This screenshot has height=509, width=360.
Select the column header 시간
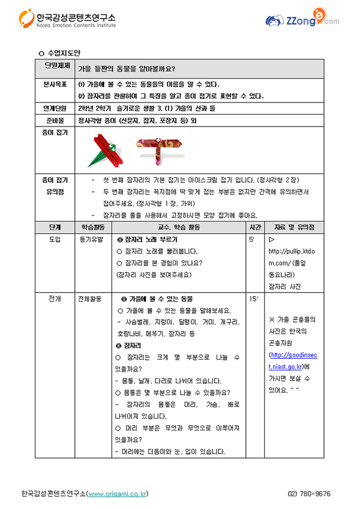tap(254, 227)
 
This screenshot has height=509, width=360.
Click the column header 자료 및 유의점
tap(294, 227)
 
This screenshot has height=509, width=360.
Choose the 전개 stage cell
tap(56, 298)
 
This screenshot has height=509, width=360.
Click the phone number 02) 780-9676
tap(309, 494)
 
